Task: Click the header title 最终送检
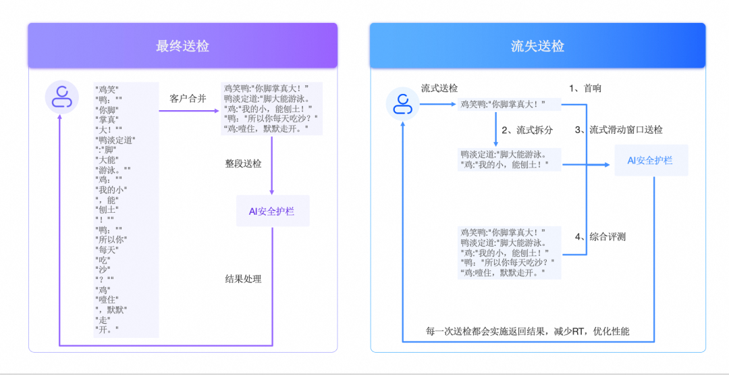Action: pyautogui.click(x=182, y=46)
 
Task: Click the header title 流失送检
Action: pyautogui.click(x=537, y=46)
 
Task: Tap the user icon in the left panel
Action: pyautogui.click(x=61, y=97)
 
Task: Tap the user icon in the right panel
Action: pyautogui.click(x=403, y=104)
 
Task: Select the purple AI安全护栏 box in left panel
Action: pyautogui.click(x=271, y=211)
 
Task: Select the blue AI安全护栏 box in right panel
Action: pyautogui.click(x=651, y=160)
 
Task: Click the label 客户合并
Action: pyautogui.click(x=187, y=98)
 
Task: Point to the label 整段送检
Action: pyautogui.click(x=243, y=164)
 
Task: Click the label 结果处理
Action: pyautogui.click(x=243, y=278)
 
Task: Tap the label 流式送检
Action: pyautogui.click(x=439, y=88)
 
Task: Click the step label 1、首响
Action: pyautogui.click(x=585, y=88)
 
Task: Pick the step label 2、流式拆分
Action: pyautogui.click(x=527, y=129)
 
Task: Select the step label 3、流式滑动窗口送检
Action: pyautogui.click(x=618, y=129)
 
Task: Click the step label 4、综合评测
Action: pyautogui.click(x=600, y=236)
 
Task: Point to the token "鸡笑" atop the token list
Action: pyautogui.click(x=107, y=88)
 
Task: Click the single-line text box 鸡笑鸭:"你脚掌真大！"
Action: pyautogui.click(x=510, y=104)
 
